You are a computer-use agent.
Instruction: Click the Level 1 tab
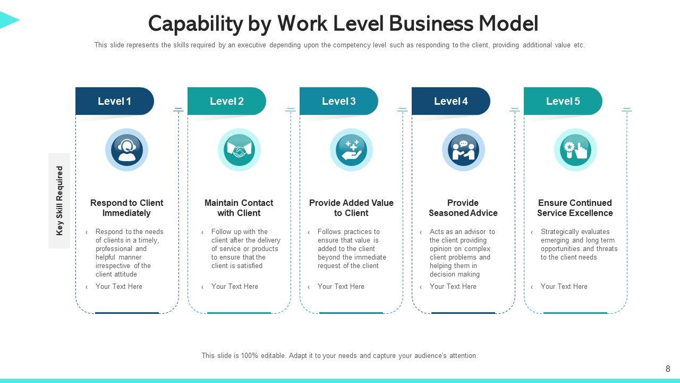(x=114, y=101)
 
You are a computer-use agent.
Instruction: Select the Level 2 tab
(x=226, y=101)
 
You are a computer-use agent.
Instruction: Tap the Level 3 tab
(x=338, y=101)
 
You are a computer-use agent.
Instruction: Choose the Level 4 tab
(x=450, y=101)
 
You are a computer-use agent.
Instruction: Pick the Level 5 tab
(x=563, y=101)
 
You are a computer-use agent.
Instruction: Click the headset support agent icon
(x=126, y=149)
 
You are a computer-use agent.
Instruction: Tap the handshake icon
(x=239, y=150)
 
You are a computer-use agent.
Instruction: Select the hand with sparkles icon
(x=351, y=150)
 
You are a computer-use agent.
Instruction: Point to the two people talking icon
(x=463, y=150)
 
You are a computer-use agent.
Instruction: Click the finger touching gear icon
(x=575, y=150)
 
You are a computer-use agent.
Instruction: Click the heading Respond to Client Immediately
(x=126, y=208)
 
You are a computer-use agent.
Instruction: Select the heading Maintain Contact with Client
(x=239, y=208)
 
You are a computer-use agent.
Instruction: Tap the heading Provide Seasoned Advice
(x=463, y=208)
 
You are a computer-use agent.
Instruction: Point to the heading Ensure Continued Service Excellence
(x=575, y=208)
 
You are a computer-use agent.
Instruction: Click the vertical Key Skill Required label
(x=59, y=201)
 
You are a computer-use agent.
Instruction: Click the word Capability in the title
(x=194, y=24)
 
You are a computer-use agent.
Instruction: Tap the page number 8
(x=668, y=369)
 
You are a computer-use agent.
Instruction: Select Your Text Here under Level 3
(x=341, y=287)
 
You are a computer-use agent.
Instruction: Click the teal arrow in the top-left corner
(x=8, y=20)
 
